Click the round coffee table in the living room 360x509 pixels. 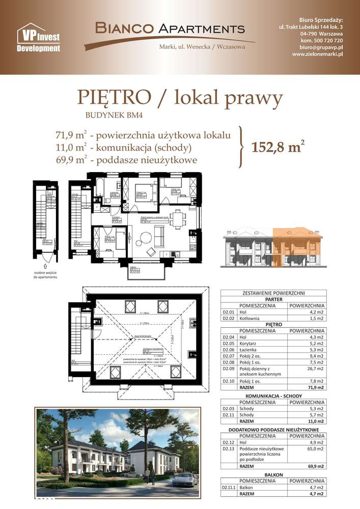(x=146, y=237)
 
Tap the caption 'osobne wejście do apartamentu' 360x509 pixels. (x=45, y=276)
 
